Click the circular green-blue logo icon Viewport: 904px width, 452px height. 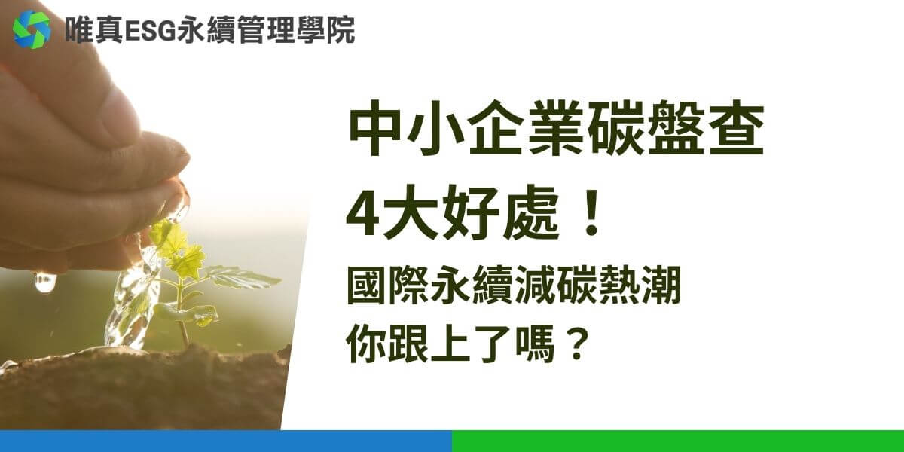click(32, 30)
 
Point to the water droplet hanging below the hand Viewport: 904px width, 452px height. click(45, 282)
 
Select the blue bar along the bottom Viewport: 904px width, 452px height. click(226, 441)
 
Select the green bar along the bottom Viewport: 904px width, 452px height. click(678, 441)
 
